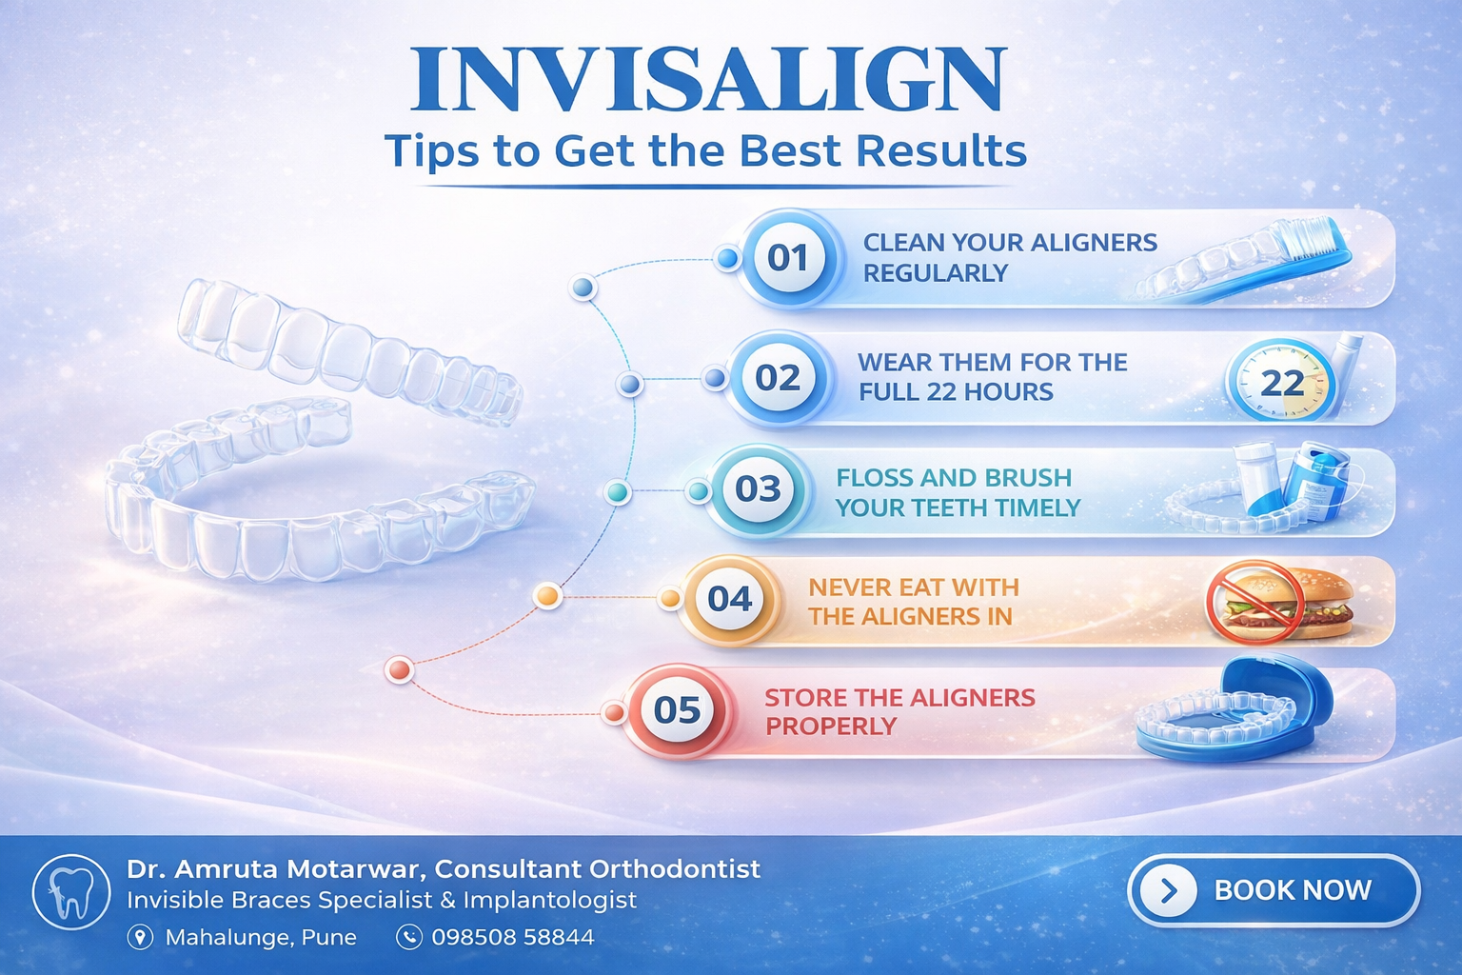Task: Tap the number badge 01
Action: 788,258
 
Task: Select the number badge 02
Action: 778,378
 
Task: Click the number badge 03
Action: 758,489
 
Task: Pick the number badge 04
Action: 730,599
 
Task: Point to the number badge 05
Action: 677,710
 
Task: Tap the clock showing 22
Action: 1280,381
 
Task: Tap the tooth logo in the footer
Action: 71,892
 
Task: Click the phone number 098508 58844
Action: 513,938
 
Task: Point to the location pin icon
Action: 140,938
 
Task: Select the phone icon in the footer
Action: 408,938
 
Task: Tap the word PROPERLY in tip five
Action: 831,726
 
